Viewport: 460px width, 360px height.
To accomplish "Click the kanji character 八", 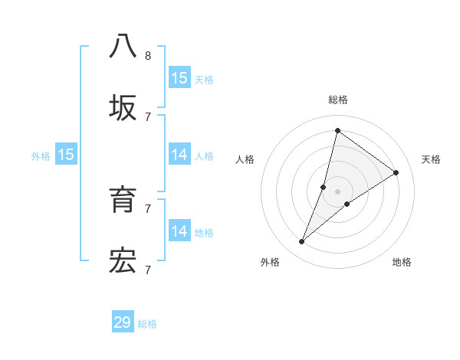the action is click(123, 46).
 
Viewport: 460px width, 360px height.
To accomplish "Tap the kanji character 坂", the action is click(123, 108).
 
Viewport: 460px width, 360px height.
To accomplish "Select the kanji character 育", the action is click(123, 200).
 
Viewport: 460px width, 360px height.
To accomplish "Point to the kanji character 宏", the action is click(123, 261).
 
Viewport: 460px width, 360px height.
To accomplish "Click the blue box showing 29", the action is click(123, 322).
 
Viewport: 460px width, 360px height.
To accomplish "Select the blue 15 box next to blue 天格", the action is click(179, 78).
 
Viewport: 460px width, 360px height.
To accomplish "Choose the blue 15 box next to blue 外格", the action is click(66, 155).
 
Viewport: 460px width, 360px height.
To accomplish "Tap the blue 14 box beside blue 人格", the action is click(179, 155).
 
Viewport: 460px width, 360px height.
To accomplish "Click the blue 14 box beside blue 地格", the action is click(179, 231).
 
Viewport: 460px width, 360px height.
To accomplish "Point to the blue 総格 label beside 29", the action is click(147, 324).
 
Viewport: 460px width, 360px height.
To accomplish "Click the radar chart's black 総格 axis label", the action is click(337, 100).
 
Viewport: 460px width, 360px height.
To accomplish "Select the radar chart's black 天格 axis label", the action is click(432, 159).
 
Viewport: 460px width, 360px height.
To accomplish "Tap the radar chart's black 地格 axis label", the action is click(402, 262).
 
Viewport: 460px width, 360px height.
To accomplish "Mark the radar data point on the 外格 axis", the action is click(302, 242).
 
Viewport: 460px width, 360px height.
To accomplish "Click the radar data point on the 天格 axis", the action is click(396, 173).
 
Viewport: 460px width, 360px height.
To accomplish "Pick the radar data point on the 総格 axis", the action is click(337, 130).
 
